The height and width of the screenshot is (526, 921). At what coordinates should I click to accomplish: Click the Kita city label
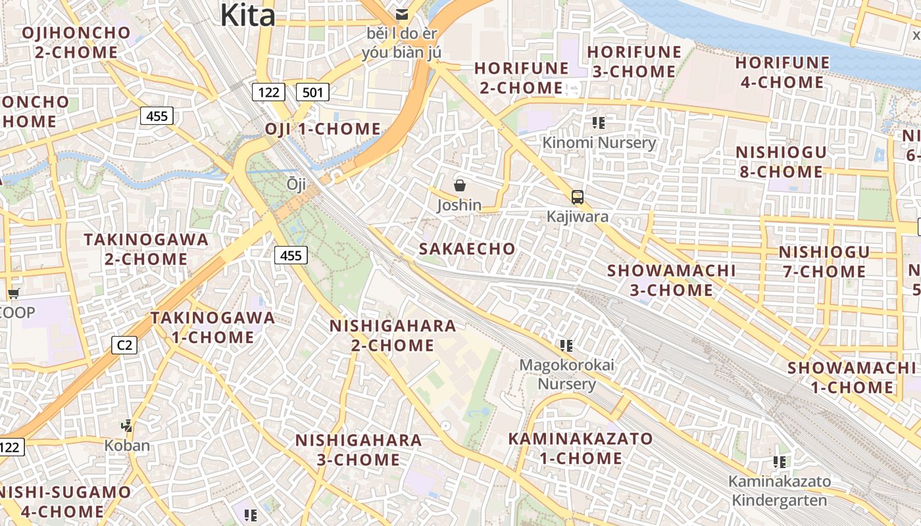(x=247, y=14)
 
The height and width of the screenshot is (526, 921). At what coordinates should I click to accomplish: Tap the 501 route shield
(x=312, y=92)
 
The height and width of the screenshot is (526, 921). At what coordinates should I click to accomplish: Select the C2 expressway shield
(x=124, y=345)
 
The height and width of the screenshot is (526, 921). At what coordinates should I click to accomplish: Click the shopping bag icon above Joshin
(x=460, y=185)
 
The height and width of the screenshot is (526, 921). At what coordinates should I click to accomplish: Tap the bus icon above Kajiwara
(x=577, y=197)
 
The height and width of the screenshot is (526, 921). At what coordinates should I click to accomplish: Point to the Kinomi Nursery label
(x=599, y=143)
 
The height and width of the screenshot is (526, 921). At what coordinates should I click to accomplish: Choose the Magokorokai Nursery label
(x=566, y=374)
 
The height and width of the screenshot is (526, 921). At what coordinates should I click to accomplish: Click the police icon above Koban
(x=127, y=425)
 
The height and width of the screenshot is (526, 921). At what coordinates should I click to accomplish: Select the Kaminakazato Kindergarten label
(x=779, y=490)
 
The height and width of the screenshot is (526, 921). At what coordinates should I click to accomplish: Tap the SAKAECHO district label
(x=467, y=249)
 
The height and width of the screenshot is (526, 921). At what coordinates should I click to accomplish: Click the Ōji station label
(x=296, y=185)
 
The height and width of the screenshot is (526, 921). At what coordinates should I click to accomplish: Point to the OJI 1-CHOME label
(x=323, y=129)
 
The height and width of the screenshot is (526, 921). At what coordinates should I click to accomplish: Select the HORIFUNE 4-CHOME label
(x=782, y=72)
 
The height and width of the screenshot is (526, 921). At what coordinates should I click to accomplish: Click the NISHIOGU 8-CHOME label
(x=780, y=162)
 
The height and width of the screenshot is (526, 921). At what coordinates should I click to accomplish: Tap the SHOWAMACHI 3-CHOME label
(x=671, y=280)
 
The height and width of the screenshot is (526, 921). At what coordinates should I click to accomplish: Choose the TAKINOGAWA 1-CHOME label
(x=212, y=327)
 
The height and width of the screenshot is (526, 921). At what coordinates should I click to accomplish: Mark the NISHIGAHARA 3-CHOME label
(x=359, y=450)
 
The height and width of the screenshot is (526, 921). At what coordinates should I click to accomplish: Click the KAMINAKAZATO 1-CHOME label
(x=581, y=448)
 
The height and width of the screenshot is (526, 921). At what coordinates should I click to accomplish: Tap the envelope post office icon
(x=401, y=14)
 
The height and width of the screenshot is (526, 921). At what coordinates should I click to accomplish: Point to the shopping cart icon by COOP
(x=13, y=293)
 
